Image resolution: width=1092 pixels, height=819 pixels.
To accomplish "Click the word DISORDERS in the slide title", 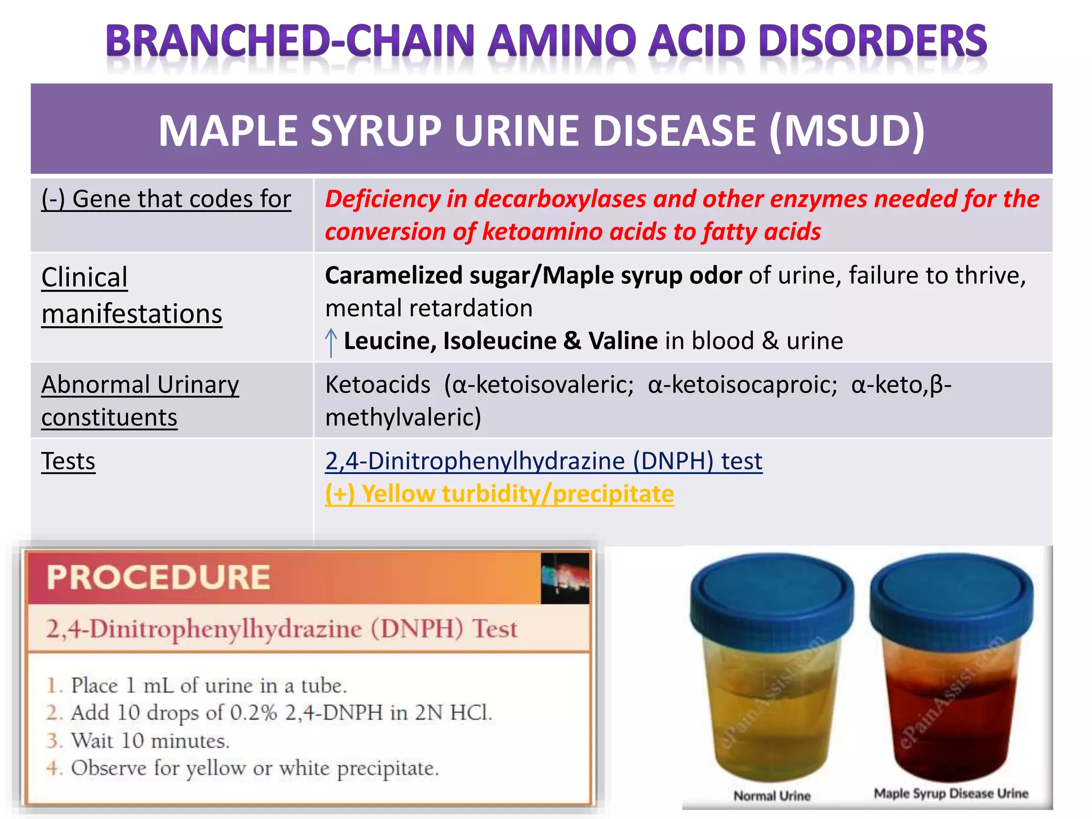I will click(872, 41).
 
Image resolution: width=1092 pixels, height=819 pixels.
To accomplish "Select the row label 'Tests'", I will click(68, 461).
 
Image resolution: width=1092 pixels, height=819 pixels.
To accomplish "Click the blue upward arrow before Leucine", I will click(331, 342).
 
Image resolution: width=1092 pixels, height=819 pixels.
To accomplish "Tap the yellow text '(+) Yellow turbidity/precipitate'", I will click(500, 494).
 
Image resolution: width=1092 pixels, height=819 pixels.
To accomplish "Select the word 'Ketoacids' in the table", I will click(378, 384).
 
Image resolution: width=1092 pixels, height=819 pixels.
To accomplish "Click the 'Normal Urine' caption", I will click(772, 796).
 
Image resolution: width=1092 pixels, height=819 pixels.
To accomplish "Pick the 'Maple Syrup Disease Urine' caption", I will click(951, 793).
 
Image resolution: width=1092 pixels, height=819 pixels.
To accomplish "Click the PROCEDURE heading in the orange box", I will click(158, 577).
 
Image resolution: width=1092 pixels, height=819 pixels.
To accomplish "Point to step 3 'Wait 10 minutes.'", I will click(150, 741).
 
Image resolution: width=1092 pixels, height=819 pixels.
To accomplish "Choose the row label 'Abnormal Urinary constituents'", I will click(140, 400).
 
